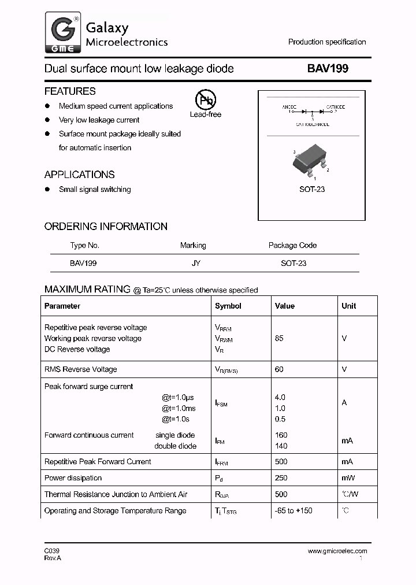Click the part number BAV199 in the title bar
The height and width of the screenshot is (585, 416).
coord(328,69)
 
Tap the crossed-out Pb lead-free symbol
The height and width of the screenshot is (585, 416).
coord(205,100)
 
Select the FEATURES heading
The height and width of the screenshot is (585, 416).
coord(70,91)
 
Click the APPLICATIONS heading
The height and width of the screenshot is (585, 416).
coord(79,175)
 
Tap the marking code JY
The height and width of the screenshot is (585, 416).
coord(196,263)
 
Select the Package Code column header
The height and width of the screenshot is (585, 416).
coord(292,245)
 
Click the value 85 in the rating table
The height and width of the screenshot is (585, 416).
coord(279,338)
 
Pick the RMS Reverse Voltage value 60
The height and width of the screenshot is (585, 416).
coord(279,369)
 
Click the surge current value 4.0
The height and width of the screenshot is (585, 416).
coord(280,397)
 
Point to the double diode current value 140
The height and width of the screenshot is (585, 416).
coord(281,446)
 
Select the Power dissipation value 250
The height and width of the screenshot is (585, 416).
coord(281,478)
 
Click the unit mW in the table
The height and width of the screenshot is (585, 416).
coord(348,478)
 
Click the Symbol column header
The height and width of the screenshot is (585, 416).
coord(228,306)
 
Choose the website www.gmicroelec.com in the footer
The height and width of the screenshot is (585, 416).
coord(337,551)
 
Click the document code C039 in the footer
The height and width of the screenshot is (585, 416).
coord(52,551)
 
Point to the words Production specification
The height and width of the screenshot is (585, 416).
coord(327,42)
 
